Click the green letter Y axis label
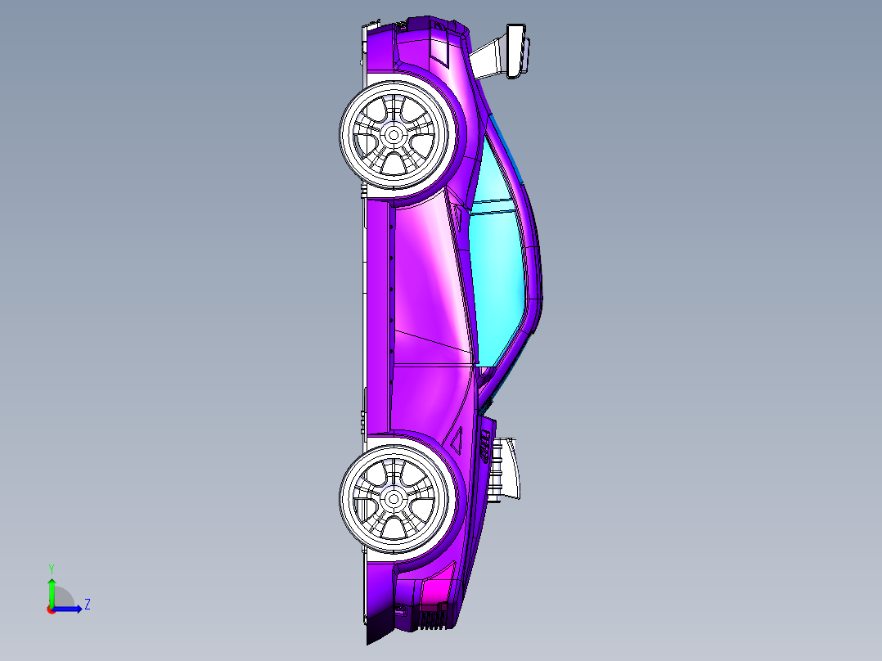coord(51,568)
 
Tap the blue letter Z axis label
coord(87,605)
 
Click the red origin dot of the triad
coord(51,609)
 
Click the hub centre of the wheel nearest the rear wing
coord(393,133)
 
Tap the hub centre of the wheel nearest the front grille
coord(393,497)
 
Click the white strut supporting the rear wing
coord(489,58)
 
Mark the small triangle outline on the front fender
coord(457,439)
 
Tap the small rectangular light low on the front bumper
coord(401,610)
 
